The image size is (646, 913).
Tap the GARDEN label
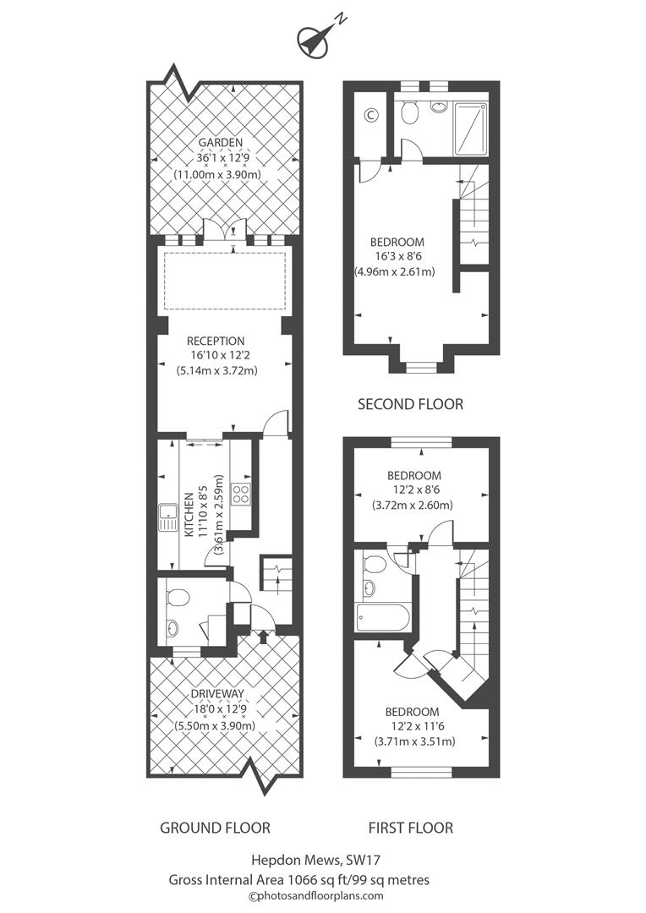point(220,141)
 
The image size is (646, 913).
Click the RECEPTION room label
point(216,341)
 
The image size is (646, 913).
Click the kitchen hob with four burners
point(241,494)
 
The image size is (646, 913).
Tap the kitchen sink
point(164,517)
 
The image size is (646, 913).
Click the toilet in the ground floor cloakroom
point(177,597)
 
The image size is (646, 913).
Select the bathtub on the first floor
point(382,620)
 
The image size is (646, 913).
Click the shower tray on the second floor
point(470,128)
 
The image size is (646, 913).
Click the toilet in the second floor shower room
point(408,112)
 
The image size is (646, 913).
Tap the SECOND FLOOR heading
point(410,404)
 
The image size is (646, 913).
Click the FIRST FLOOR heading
point(410,828)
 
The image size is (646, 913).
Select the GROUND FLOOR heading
point(215,828)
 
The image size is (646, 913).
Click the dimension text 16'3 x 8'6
point(394,257)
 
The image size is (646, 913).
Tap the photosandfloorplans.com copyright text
point(315,896)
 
